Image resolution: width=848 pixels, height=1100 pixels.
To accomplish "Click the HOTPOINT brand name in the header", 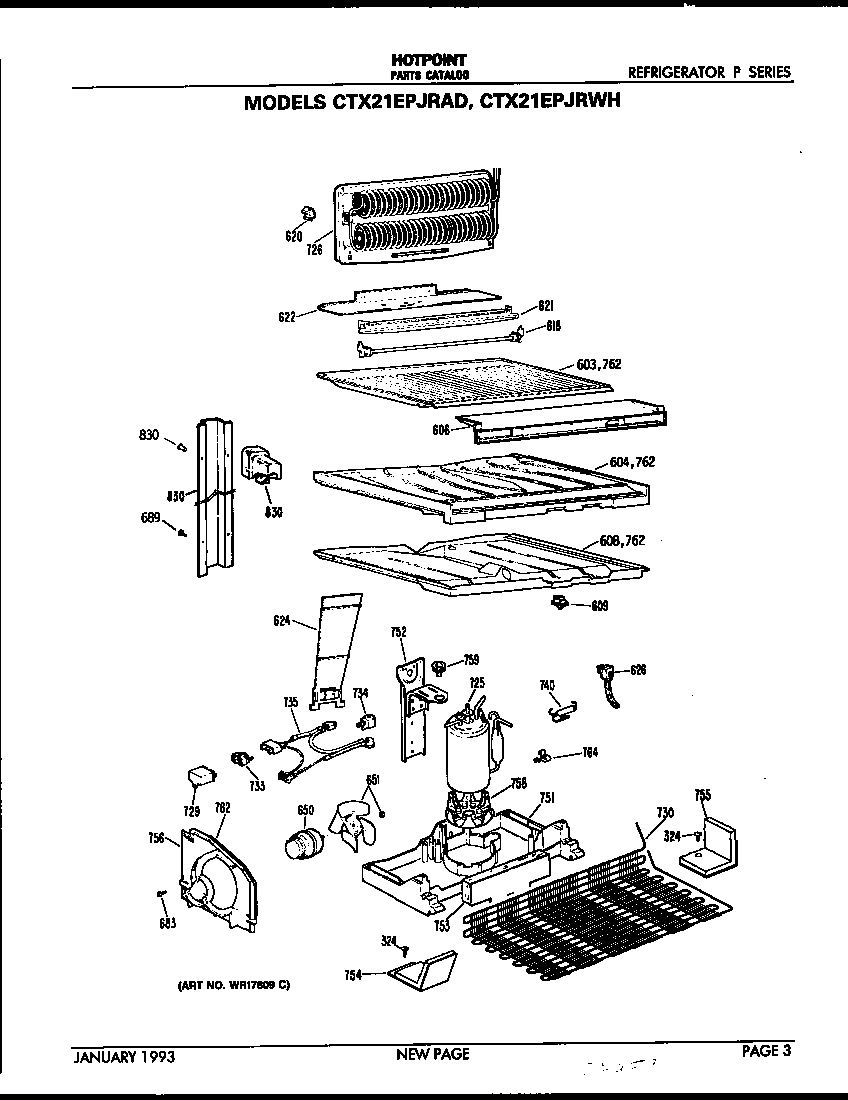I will pos(427,60).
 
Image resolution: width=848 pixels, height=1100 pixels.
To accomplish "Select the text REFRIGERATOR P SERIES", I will pos(709,72).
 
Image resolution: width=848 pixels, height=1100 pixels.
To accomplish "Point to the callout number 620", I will pos(293,236).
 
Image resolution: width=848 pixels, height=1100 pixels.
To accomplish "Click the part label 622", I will pos(288,317).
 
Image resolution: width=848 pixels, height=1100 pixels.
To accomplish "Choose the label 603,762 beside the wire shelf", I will pos(598,364).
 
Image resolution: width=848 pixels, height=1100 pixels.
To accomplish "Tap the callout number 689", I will pos(153,517).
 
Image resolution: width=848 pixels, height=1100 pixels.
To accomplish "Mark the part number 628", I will pos(638,670).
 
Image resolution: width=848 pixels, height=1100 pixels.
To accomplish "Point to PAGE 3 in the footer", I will pos(766,1050).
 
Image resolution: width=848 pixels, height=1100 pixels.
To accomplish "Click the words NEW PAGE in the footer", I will pos(432,1054).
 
